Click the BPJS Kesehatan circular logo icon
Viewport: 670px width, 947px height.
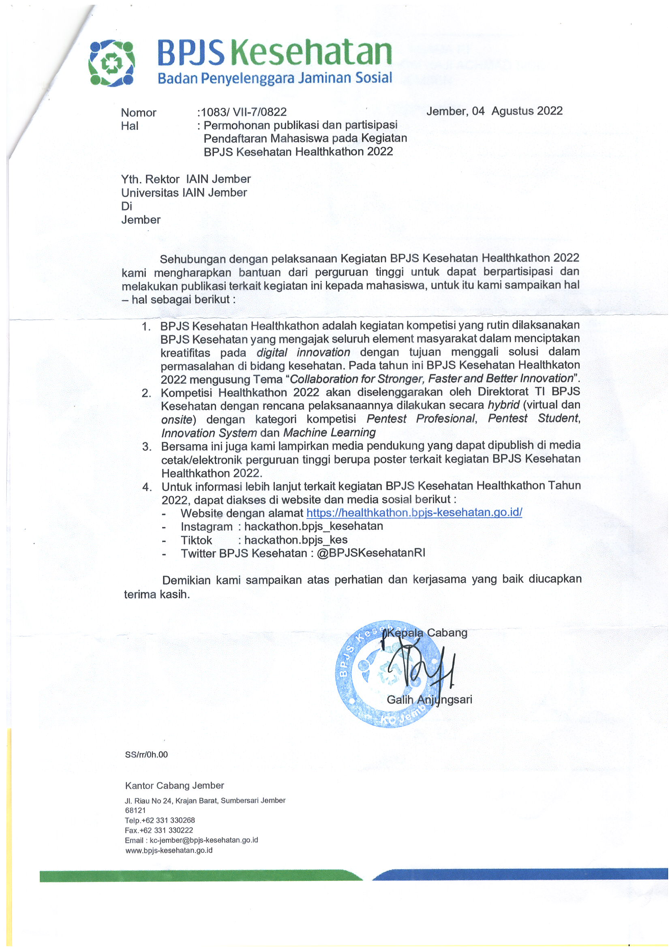coord(111,63)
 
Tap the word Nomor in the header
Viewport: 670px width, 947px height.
coord(139,113)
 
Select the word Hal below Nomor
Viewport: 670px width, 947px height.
coord(130,126)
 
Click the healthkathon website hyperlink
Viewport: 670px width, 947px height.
coord(414,512)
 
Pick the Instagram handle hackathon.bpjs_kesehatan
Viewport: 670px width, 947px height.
coord(314,526)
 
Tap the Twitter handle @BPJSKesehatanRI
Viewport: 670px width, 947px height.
coord(371,553)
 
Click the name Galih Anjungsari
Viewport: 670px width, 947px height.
coord(429,699)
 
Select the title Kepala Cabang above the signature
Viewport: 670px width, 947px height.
coord(427,632)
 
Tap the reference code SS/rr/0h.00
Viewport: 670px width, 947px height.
coord(146,755)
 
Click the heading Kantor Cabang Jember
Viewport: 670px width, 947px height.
coord(175,785)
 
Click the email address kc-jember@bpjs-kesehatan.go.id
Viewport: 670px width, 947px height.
coord(203,840)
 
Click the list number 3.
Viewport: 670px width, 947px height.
coord(146,446)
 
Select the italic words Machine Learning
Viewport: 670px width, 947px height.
coord(329,433)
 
